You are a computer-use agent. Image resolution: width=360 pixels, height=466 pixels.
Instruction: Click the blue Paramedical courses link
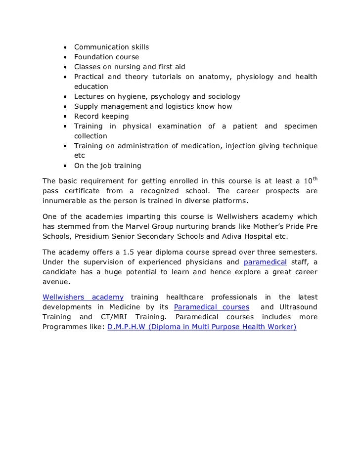click(212, 307)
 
